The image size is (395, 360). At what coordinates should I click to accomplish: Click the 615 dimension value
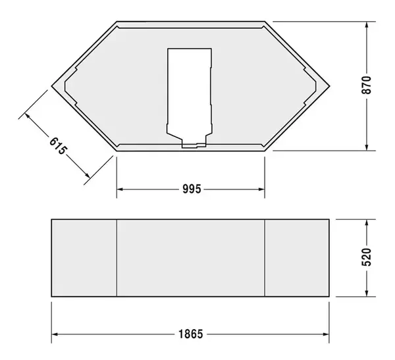(59, 145)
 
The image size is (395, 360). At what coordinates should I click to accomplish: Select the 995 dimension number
(191, 190)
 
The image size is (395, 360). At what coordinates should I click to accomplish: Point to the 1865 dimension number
(190, 334)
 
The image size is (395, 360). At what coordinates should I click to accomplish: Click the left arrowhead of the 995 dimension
(120, 190)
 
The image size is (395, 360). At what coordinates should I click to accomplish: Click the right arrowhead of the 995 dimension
(261, 190)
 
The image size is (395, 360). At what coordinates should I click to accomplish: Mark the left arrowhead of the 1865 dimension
(56, 334)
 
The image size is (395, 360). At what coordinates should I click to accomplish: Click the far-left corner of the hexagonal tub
(53, 86)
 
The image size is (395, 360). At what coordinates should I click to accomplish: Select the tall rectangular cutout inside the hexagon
(190, 89)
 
